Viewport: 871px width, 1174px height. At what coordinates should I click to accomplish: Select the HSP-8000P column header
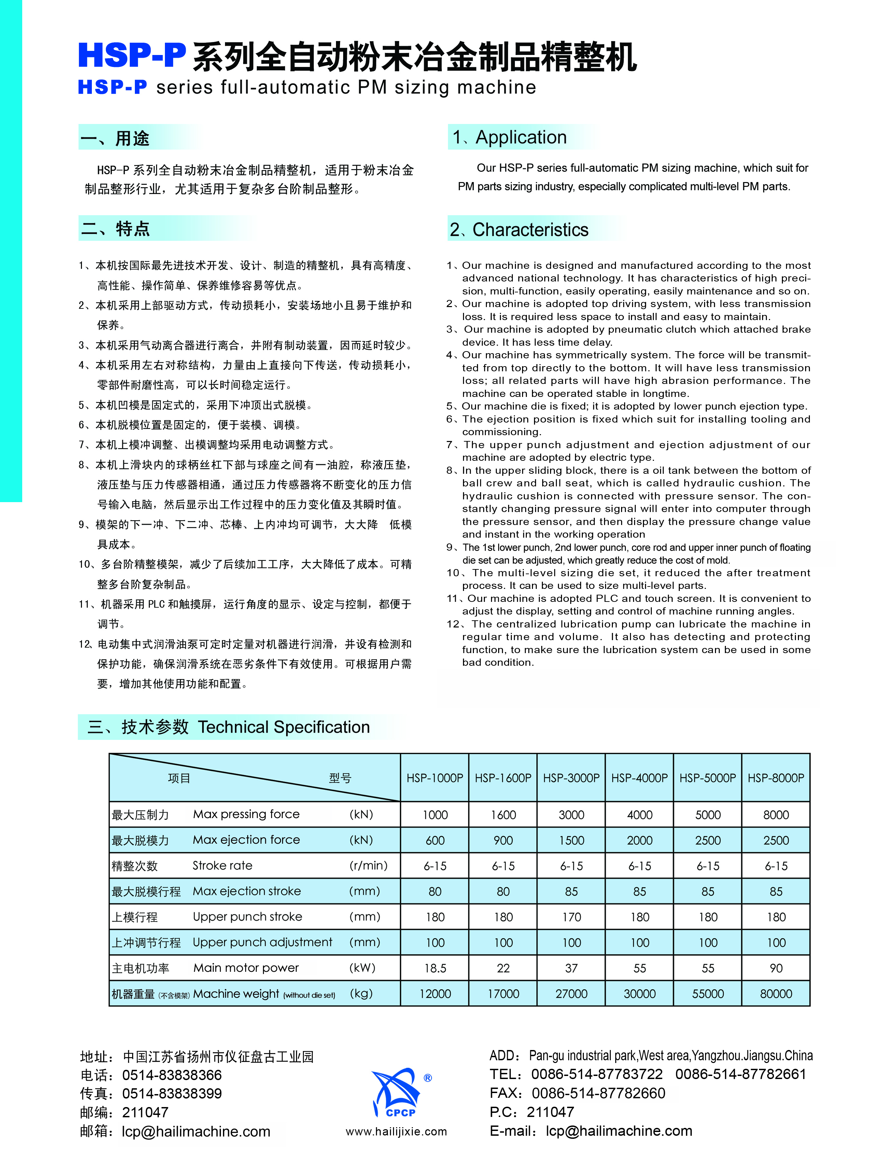pos(776,778)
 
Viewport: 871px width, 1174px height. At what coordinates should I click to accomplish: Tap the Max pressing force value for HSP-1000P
pos(435,815)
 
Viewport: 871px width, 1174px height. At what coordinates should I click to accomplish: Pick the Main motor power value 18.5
pos(435,968)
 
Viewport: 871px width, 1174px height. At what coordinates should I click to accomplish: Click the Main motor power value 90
pos(776,968)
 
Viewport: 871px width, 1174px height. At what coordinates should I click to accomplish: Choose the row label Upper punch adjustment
pos(262,942)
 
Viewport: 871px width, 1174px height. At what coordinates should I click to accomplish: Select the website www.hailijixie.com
pos(396,1131)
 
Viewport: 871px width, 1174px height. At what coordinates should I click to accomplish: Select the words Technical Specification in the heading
pos(284,727)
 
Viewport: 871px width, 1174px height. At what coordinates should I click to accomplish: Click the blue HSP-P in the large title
pos(132,55)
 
